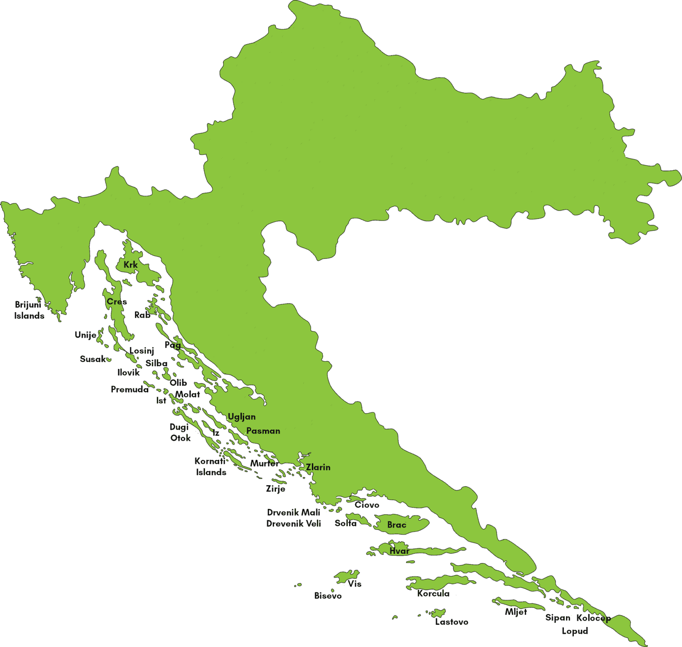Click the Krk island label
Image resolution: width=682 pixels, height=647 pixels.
click(x=130, y=265)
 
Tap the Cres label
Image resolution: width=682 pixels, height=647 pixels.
click(x=117, y=302)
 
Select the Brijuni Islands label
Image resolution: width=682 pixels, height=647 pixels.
click(x=29, y=310)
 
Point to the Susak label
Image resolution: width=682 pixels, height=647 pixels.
click(x=93, y=359)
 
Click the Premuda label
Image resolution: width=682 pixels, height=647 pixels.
click(x=130, y=389)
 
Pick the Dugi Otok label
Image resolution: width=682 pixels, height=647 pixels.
click(x=180, y=433)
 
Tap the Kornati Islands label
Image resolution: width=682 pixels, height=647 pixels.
click(x=211, y=467)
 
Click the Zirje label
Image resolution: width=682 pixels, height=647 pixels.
click(x=276, y=489)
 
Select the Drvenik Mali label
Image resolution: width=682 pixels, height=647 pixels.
click(x=293, y=513)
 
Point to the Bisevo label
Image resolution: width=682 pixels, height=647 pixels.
click(x=328, y=596)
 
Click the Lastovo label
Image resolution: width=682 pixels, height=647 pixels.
click(x=451, y=622)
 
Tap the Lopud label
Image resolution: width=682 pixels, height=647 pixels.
click(x=575, y=631)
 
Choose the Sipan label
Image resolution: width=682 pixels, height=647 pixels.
click(x=557, y=618)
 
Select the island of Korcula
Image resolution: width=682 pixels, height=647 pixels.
click(x=436, y=583)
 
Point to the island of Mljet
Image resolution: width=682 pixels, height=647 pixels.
click(x=518, y=604)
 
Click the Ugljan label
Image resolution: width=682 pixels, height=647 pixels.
click(x=241, y=417)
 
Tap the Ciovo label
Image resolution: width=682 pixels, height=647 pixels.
click(x=367, y=505)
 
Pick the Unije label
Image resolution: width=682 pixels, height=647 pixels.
click(x=85, y=335)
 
